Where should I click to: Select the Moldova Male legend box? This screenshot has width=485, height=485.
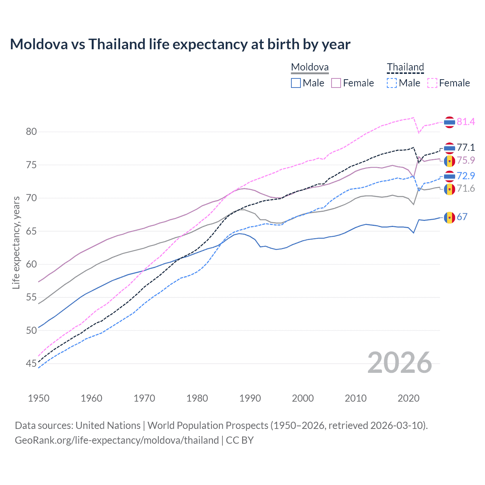pos(296,83)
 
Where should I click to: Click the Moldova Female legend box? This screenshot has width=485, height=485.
pos(336,83)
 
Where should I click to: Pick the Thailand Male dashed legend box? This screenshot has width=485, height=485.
pos(392,83)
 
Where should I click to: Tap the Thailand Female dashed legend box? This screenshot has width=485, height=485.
pos(432,83)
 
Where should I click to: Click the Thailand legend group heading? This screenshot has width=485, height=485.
pos(405,67)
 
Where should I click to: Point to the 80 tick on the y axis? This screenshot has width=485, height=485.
pos(31,132)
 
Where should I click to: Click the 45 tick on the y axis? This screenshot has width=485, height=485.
pos(31,364)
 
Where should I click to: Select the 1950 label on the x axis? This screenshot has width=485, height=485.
pos(39,398)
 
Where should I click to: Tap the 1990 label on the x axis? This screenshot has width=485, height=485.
pos(250,398)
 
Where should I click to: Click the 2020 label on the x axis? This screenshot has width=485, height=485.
pos(408,398)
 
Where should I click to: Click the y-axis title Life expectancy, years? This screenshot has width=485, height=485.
pos(16,242)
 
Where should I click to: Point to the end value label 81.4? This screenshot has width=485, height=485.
pos(466,122)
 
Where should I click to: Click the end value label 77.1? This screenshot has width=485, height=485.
pos(466,147)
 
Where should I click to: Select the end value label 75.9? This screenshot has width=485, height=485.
pos(466,160)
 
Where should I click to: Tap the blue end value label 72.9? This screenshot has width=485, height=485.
pos(466,176)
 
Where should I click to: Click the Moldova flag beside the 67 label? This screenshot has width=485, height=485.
pos(449,217)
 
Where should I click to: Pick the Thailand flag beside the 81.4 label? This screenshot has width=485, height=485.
pos(449,122)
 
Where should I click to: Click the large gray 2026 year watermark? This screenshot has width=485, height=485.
pos(399,363)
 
